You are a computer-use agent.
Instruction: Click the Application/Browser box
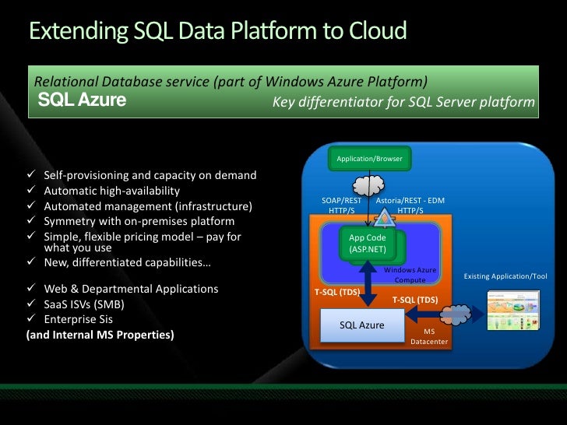369,159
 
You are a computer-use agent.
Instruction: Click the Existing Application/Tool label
505,276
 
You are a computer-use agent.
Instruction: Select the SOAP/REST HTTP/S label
342,205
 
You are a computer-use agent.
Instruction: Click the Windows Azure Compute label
410,274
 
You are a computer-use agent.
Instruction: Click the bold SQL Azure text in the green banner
82,101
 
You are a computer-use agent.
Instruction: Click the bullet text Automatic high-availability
111,191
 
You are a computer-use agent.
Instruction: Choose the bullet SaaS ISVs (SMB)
84,304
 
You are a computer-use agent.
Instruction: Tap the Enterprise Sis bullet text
80,319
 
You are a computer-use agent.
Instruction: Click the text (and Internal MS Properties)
100,335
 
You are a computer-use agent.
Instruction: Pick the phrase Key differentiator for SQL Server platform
403,103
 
